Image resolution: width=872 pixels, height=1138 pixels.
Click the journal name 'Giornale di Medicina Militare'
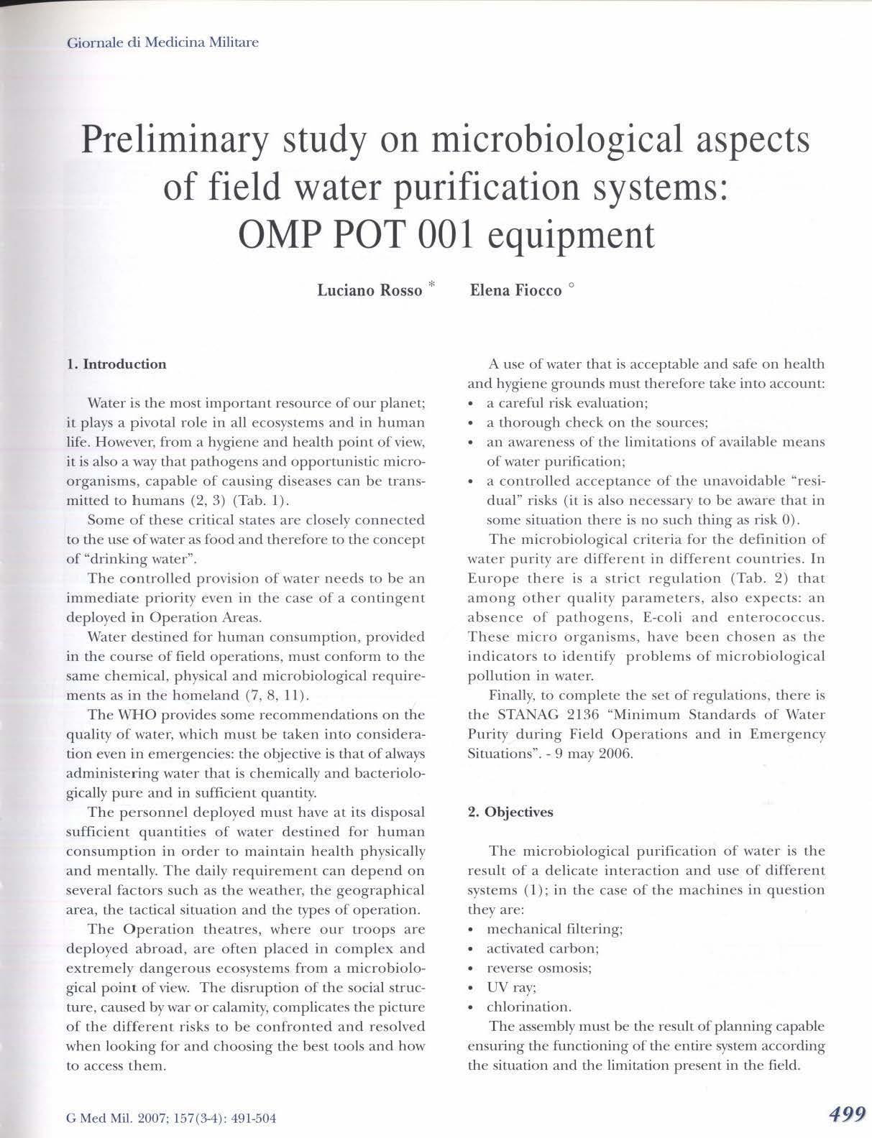[x=162, y=42]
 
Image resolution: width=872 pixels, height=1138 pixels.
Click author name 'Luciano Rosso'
[x=370, y=291]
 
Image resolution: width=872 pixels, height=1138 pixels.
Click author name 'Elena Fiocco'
[x=515, y=291]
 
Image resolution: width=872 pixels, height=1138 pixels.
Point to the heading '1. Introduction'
[x=116, y=364]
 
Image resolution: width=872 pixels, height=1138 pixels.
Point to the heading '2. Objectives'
[x=510, y=813]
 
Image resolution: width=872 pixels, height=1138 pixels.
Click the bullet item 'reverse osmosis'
[x=538, y=968]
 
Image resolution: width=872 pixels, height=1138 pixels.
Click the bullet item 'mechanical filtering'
[x=554, y=929]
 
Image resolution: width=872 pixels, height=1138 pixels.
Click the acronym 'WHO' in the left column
[x=133, y=715]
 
